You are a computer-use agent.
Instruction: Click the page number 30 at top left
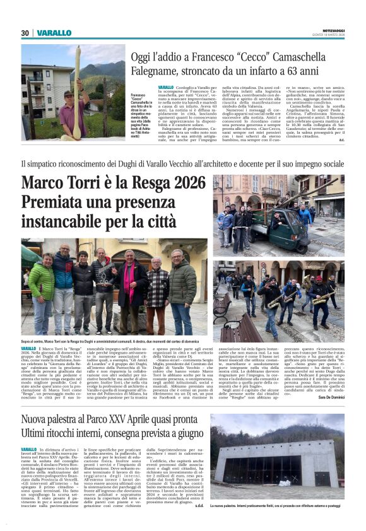[25, 33]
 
